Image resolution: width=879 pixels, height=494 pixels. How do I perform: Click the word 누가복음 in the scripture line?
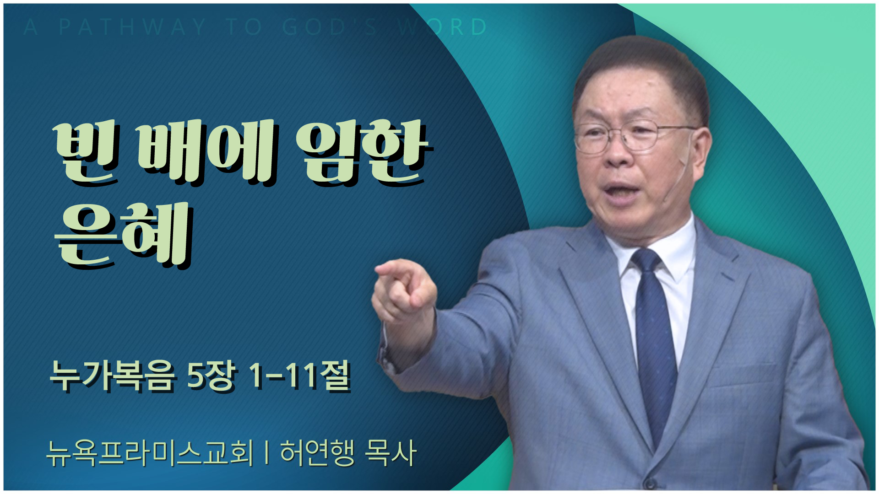tap(112, 376)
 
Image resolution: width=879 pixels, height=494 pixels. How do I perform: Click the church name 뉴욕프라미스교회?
tap(150, 453)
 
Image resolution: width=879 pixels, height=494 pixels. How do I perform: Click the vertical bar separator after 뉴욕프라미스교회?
tap(266, 453)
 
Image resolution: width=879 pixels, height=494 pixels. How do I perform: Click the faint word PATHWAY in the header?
tap(133, 27)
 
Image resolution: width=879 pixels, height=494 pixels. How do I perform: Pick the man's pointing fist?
tap(403, 290)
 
